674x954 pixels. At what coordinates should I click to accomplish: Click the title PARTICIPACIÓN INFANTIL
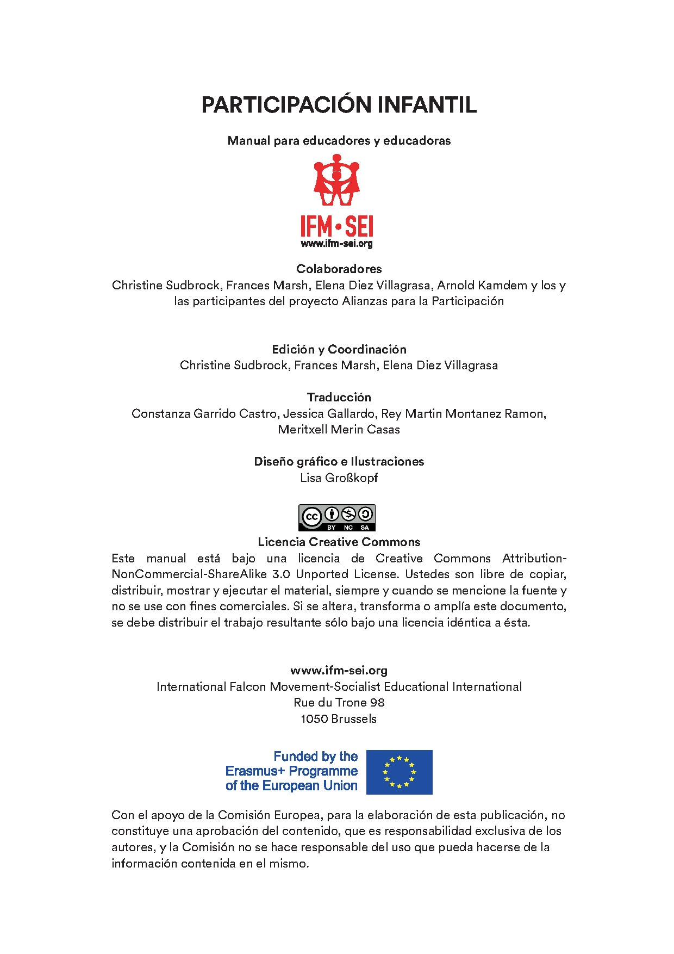pyautogui.click(x=339, y=105)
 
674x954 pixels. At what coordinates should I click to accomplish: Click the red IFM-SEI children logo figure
pyautogui.click(x=336, y=181)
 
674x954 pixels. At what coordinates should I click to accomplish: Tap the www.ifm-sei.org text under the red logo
pyautogui.click(x=336, y=244)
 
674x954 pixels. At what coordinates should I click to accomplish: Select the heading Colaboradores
pyautogui.click(x=339, y=269)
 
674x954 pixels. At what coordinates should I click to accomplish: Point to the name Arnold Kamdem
pyautogui.click(x=482, y=285)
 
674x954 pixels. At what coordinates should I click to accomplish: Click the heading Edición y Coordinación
pyautogui.click(x=339, y=349)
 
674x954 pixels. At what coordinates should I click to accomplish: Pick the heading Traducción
pyautogui.click(x=339, y=397)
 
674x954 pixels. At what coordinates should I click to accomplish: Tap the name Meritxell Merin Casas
pyautogui.click(x=339, y=429)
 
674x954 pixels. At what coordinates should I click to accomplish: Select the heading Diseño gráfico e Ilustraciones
pyautogui.click(x=339, y=461)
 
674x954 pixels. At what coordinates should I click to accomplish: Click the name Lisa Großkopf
pyautogui.click(x=339, y=478)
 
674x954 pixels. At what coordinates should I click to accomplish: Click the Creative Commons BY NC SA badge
pyautogui.click(x=336, y=518)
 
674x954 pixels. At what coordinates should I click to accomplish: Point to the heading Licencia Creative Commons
pyautogui.click(x=339, y=542)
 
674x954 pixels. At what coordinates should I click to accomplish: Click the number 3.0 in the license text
pyautogui.click(x=281, y=574)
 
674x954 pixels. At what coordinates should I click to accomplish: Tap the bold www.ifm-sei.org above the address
pyautogui.click(x=339, y=671)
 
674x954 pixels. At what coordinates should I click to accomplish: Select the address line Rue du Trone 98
pyautogui.click(x=339, y=702)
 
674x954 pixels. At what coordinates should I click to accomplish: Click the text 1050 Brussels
pyautogui.click(x=339, y=718)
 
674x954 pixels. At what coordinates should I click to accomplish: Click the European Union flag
pyautogui.click(x=399, y=772)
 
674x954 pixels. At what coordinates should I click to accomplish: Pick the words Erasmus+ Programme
pyautogui.click(x=291, y=771)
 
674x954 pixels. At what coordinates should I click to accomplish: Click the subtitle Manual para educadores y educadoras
pyautogui.click(x=339, y=140)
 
